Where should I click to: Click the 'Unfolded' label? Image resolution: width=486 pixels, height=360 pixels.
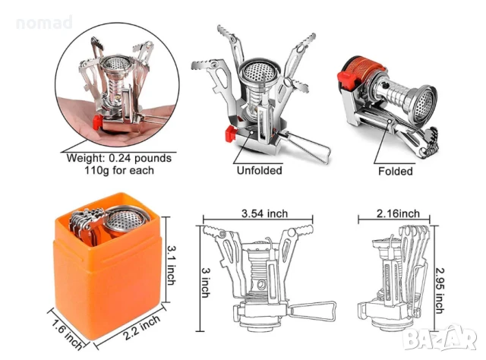(x=260, y=171)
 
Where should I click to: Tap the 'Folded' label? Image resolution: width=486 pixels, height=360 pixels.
(x=396, y=171)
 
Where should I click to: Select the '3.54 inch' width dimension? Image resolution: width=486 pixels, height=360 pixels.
(x=264, y=213)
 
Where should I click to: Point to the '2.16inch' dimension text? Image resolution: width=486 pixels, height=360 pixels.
(x=398, y=213)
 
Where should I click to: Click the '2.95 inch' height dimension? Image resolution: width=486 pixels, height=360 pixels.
(x=440, y=291)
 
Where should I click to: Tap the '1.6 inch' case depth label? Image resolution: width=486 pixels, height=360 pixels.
(x=67, y=335)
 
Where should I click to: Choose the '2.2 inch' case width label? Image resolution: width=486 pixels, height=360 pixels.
(x=142, y=328)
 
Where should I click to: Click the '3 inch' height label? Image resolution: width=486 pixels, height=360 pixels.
(x=206, y=283)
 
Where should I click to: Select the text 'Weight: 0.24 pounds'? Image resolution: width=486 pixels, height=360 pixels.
(x=119, y=158)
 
